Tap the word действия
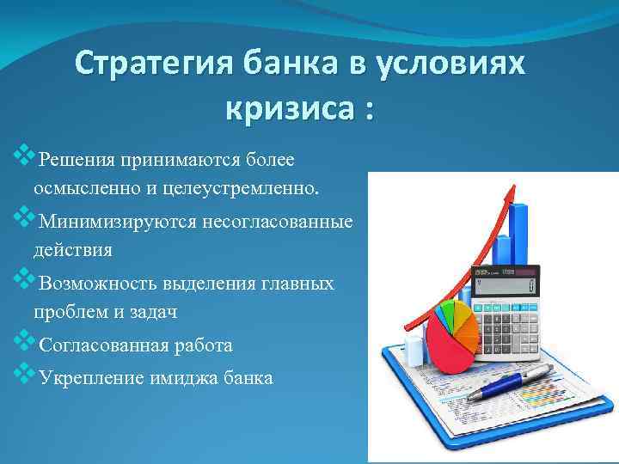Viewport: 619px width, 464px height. pos(73,249)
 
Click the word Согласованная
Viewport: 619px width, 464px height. pos(102,345)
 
